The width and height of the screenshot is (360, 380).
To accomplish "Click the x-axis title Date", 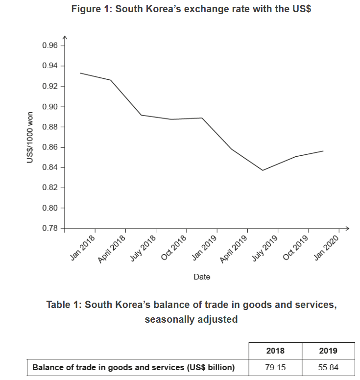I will [x=202, y=277].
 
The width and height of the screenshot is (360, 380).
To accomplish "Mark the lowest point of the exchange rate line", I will [x=263, y=170].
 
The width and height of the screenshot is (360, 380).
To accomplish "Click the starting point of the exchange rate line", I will [x=80, y=73].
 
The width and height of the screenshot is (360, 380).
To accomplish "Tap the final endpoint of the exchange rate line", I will [x=323, y=151].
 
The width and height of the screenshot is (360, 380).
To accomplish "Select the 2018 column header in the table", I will [x=275, y=351].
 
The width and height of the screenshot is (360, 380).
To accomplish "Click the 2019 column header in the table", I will [x=328, y=351].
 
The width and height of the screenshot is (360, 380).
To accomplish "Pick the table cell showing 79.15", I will [x=275, y=367].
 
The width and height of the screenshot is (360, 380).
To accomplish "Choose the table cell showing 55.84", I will [x=328, y=367].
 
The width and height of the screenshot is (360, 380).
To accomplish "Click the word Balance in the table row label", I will [x=47, y=367].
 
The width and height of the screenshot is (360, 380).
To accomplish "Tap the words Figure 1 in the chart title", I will [x=91, y=9].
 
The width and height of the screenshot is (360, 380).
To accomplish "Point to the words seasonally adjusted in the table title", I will [x=191, y=319].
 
